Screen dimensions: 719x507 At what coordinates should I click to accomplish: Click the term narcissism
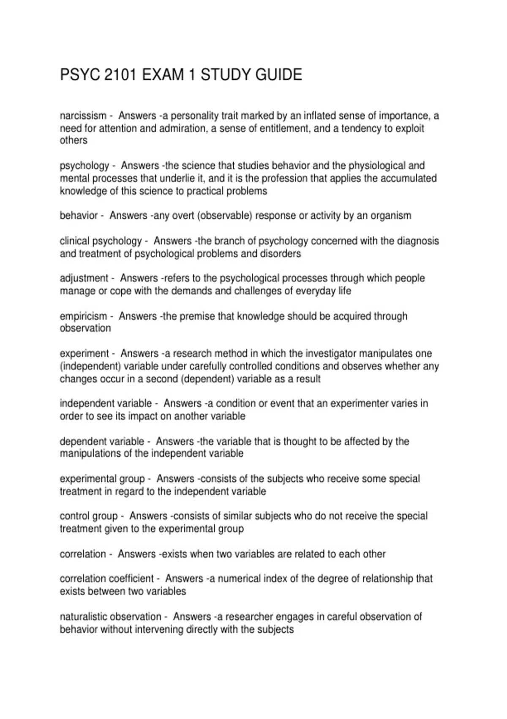pyautogui.click(x=83, y=115)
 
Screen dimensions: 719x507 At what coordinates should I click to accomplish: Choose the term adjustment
pyautogui.click(x=84, y=278)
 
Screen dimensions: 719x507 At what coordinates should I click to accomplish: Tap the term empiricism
pyautogui.click(x=83, y=316)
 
